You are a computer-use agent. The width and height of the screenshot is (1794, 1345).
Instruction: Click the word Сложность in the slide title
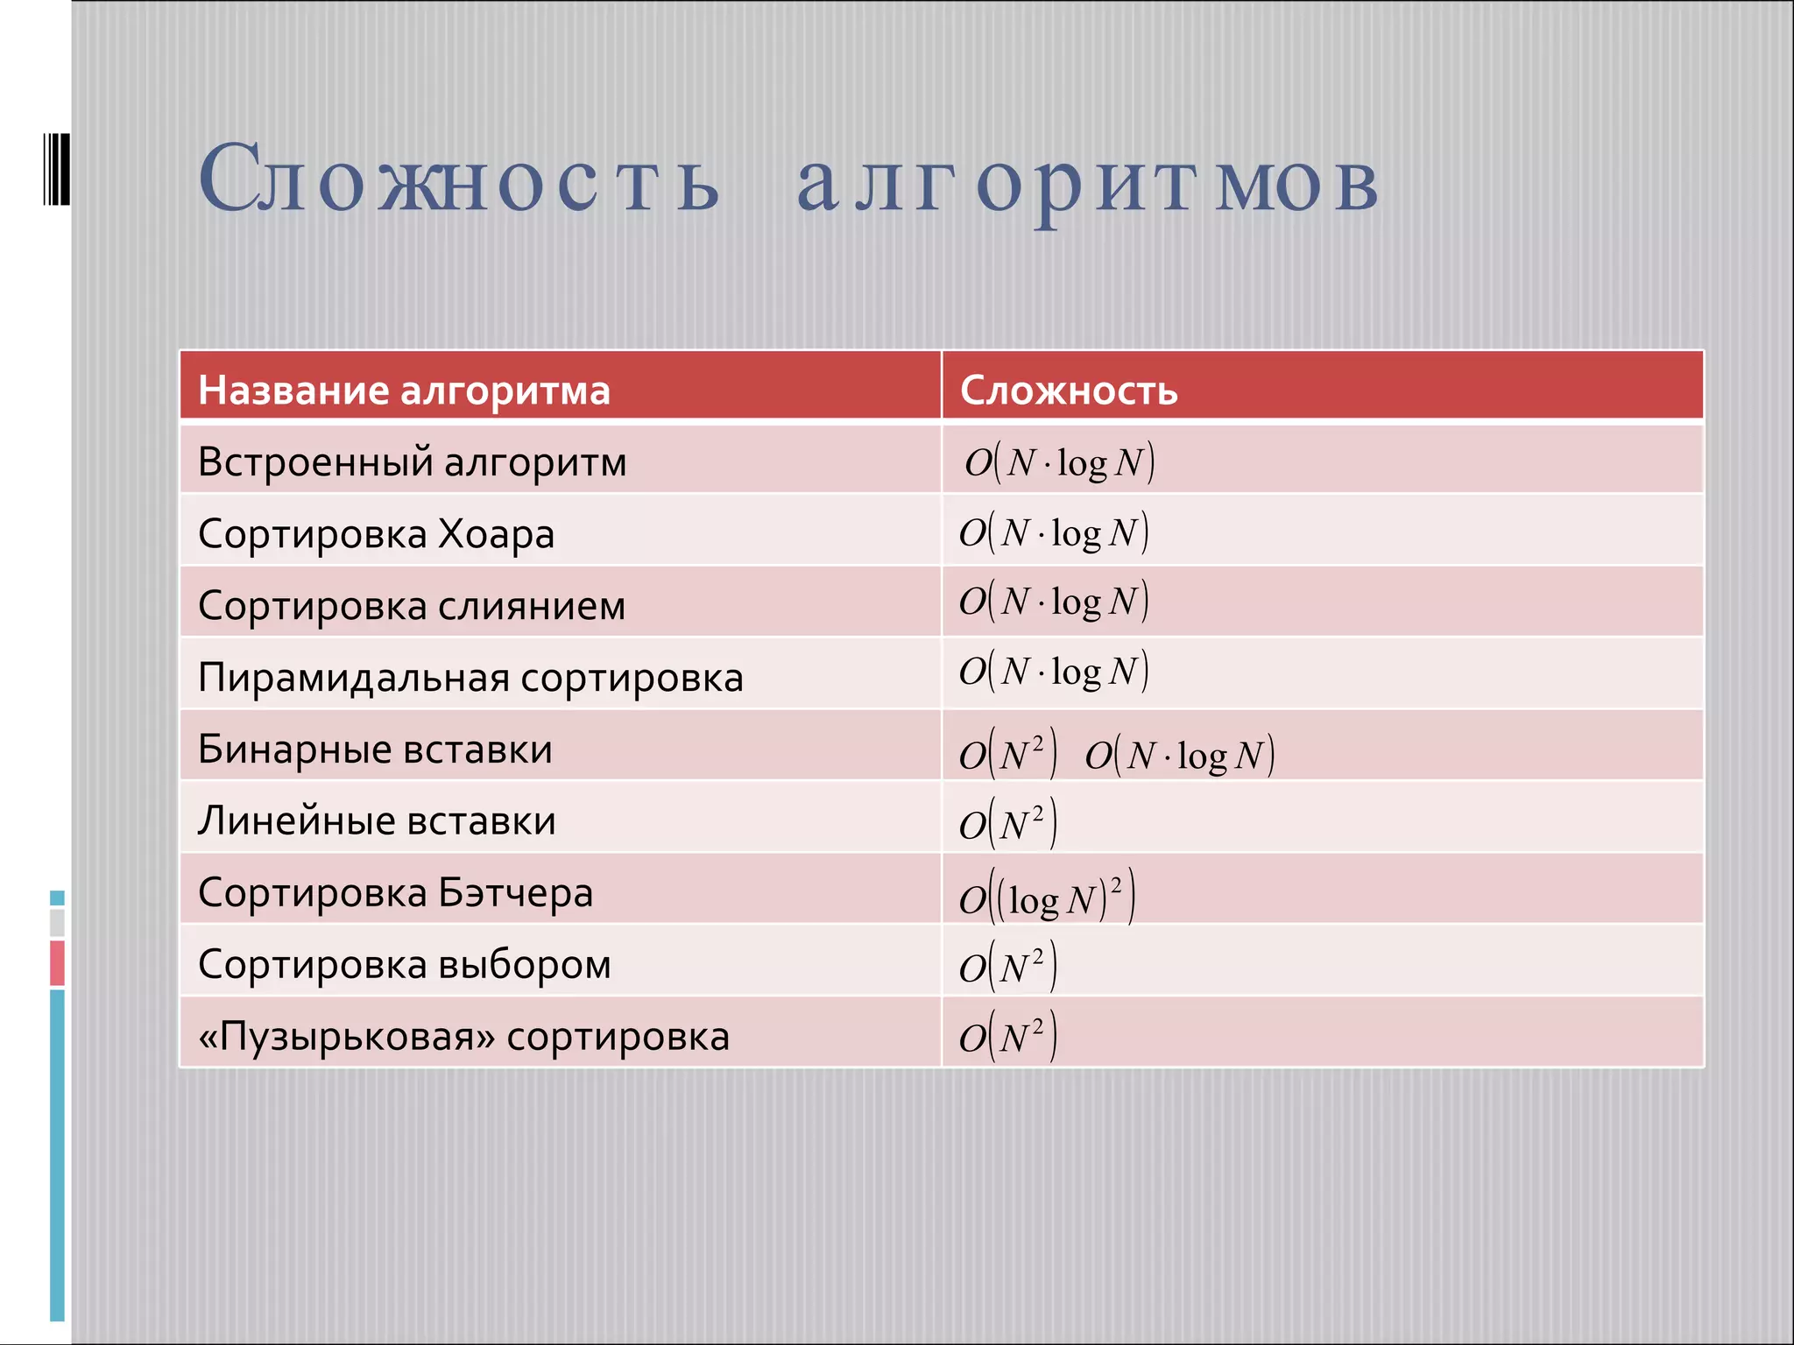pyautogui.click(x=459, y=180)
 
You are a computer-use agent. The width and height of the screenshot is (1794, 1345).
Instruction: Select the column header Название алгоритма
pyautogui.click(x=404, y=390)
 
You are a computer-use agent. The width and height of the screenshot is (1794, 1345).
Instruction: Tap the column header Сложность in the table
pyautogui.click(x=1069, y=390)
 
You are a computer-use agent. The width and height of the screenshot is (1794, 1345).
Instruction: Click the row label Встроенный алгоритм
pyautogui.click(x=413, y=461)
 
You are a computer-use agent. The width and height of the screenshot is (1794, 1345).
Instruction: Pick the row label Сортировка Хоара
pyautogui.click(x=377, y=533)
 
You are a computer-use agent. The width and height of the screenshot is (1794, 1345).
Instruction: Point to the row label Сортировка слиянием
pyautogui.click(x=412, y=605)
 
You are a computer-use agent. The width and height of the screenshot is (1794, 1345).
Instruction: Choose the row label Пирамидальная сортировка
pyautogui.click(x=470, y=677)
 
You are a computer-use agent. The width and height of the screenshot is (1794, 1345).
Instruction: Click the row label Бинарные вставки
pyautogui.click(x=375, y=749)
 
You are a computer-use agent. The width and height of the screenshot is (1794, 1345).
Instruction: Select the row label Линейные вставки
pyautogui.click(x=377, y=820)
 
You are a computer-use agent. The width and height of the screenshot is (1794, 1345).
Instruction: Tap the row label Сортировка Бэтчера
pyautogui.click(x=396, y=892)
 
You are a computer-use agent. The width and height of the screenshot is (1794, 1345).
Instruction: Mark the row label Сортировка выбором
pyautogui.click(x=405, y=964)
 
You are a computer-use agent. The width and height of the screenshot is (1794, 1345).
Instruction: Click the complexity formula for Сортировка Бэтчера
pyautogui.click(x=1047, y=897)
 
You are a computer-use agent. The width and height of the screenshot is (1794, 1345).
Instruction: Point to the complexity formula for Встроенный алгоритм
pyautogui.click(x=1060, y=461)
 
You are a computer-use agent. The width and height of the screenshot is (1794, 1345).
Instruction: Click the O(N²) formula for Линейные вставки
pyautogui.click(x=1007, y=823)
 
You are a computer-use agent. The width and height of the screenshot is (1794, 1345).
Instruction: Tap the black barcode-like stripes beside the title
pyautogui.click(x=56, y=168)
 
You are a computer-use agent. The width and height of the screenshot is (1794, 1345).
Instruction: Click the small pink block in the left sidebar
pyautogui.click(x=57, y=962)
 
